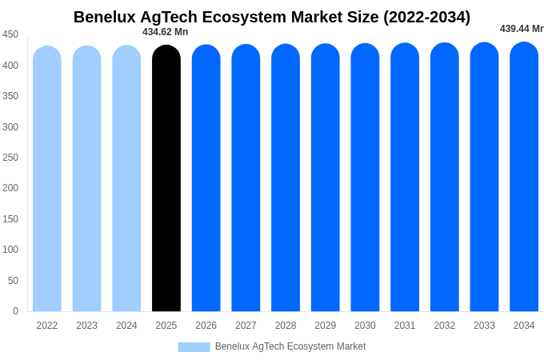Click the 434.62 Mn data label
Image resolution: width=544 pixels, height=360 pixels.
(x=165, y=32)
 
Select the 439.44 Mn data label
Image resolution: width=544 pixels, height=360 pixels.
(x=522, y=29)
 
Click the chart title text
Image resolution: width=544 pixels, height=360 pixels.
(x=272, y=17)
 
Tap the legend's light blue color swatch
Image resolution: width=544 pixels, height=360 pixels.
(x=194, y=347)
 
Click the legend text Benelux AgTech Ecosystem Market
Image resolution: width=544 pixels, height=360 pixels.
(x=290, y=346)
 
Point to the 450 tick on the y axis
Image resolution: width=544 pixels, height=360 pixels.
(x=10, y=34)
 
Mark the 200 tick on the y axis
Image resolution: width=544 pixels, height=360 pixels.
(x=10, y=188)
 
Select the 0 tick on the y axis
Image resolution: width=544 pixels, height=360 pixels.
(x=15, y=311)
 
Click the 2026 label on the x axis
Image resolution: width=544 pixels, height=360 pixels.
(x=206, y=326)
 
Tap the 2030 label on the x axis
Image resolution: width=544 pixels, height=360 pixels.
(x=365, y=326)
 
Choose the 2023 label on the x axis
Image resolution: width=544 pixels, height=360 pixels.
(x=86, y=326)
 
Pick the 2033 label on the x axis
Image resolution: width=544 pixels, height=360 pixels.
(x=484, y=326)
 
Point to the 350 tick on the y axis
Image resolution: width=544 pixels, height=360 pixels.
(x=10, y=96)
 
